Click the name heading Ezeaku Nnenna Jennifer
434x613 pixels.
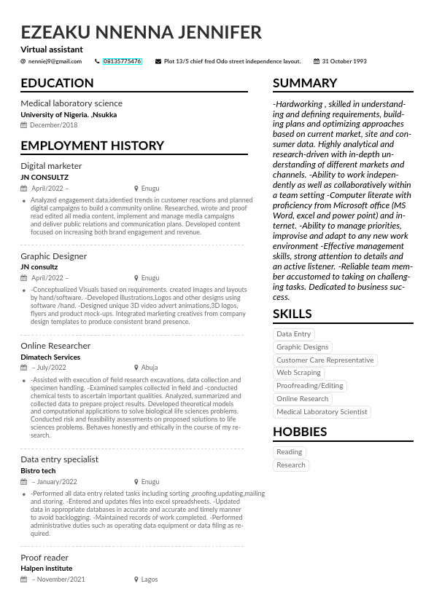pos(141,33)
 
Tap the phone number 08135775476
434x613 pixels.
pos(122,62)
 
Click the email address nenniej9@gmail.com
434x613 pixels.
pos(55,62)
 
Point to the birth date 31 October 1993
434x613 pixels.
pos(344,62)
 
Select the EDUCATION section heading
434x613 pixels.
pos(57,83)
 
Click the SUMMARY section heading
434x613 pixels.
pos(305,83)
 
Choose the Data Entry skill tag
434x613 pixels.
pos(293,334)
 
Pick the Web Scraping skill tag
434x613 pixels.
pos(298,373)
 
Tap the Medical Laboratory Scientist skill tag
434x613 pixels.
pos(322,412)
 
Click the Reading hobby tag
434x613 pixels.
pos(289,452)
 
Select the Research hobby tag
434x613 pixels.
pos(291,465)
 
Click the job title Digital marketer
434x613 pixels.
pos(51,166)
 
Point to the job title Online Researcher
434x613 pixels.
pos(55,346)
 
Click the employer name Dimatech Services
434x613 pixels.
pos(50,357)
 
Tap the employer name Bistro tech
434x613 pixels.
pos(38,471)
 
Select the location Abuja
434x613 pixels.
pos(149,368)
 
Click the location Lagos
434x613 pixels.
pos(149,580)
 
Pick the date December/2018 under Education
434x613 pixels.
pos(53,126)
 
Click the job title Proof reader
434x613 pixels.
pos(44,558)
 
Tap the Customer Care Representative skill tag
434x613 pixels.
pos(325,360)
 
